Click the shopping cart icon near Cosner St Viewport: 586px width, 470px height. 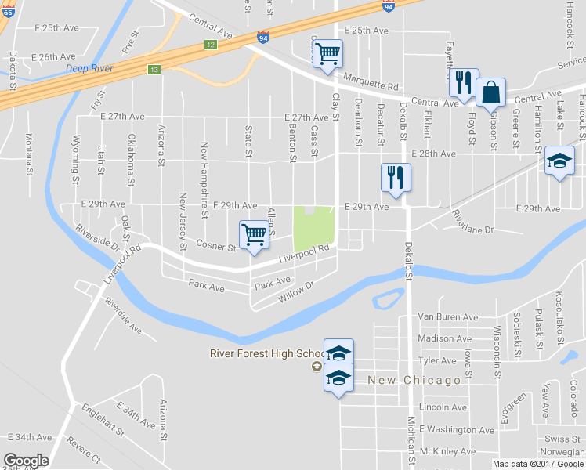tap(254, 234)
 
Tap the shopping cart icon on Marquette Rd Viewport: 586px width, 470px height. tap(327, 54)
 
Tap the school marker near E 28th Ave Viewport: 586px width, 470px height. tap(558, 161)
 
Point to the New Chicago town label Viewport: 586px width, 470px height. tap(414, 380)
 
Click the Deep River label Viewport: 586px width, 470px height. tap(89, 69)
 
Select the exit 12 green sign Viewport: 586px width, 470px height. tap(210, 45)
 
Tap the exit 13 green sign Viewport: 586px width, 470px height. tap(154, 70)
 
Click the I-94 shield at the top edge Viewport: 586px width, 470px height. tap(389, 5)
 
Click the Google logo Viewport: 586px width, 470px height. tap(26, 461)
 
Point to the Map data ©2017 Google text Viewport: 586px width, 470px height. tap(537, 464)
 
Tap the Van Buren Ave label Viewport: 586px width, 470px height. tap(447, 317)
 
